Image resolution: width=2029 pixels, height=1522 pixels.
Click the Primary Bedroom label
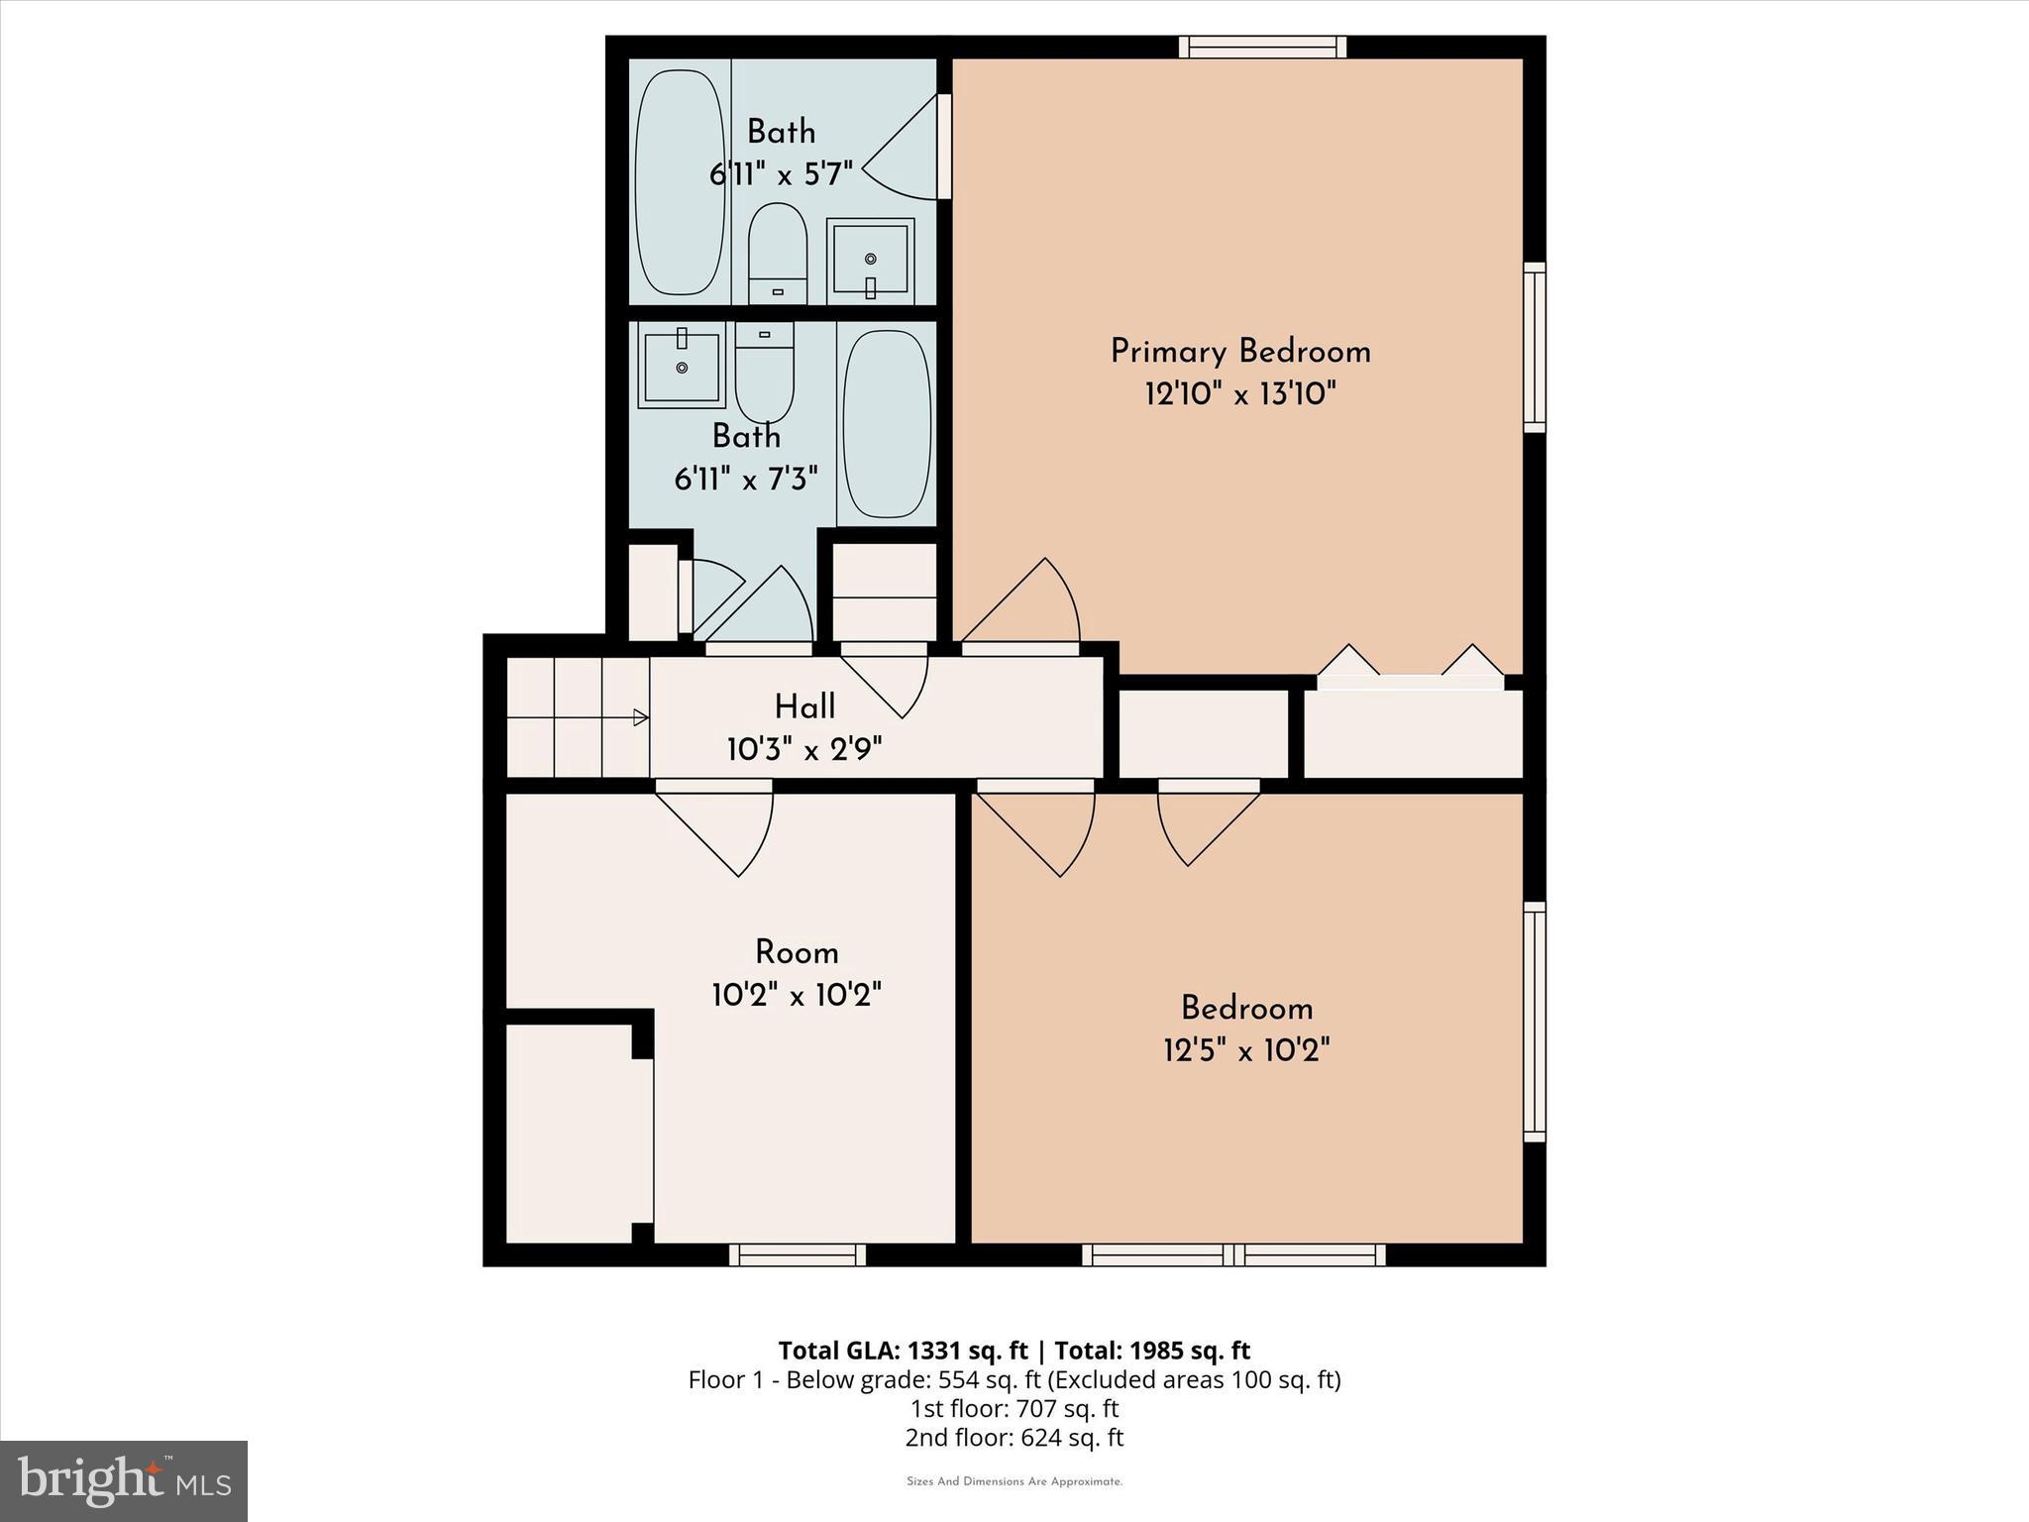point(1240,352)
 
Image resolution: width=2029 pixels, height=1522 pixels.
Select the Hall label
point(804,707)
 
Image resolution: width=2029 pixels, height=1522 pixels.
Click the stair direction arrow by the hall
point(640,717)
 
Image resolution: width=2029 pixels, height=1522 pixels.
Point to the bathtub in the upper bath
point(680,181)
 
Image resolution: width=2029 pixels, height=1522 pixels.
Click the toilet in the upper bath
point(777,254)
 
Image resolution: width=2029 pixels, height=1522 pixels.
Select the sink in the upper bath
point(870,260)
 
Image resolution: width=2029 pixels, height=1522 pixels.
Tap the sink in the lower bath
point(682,369)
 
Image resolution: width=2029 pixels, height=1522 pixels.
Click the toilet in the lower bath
point(764,372)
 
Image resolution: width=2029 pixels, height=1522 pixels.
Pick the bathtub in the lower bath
point(886,424)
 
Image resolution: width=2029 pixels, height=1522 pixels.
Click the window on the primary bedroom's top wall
point(1262,47)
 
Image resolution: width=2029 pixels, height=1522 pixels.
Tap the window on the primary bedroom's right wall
point(1534,347)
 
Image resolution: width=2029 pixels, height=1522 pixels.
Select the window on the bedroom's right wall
point(1534,1021)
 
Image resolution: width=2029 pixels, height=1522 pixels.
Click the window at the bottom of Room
point(798,1254)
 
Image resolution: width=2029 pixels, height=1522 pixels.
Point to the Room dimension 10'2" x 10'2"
point(797,994)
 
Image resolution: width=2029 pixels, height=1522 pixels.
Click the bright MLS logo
point(124,1480)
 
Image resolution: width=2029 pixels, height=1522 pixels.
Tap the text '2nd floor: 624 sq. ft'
point(1014,1437)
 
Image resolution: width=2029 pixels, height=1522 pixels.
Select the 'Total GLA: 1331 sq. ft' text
point(906,1351)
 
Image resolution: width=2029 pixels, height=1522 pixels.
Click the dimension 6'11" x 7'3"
point(746,481)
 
